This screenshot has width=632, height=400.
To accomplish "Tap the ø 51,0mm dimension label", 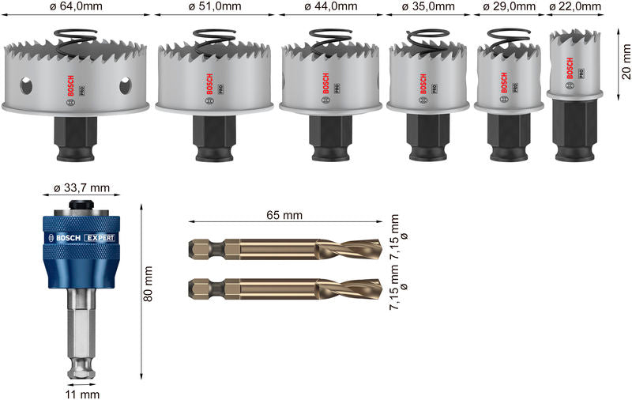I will point(215,7).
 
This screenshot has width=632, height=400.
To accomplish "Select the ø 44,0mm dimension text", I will point(331,7).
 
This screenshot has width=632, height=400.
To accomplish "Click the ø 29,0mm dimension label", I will point(510,7).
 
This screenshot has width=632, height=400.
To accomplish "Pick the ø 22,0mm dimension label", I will point(574,7).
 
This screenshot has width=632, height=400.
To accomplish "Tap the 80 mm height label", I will point(149,283).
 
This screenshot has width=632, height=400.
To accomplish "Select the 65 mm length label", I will point(284,215).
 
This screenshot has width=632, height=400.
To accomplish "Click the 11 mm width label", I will point(83,393).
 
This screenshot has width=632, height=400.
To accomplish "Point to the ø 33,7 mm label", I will point(81,189).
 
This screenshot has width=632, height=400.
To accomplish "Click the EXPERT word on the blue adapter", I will point(100,237).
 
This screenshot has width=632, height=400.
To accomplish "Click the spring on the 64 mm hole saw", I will point(77,38).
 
